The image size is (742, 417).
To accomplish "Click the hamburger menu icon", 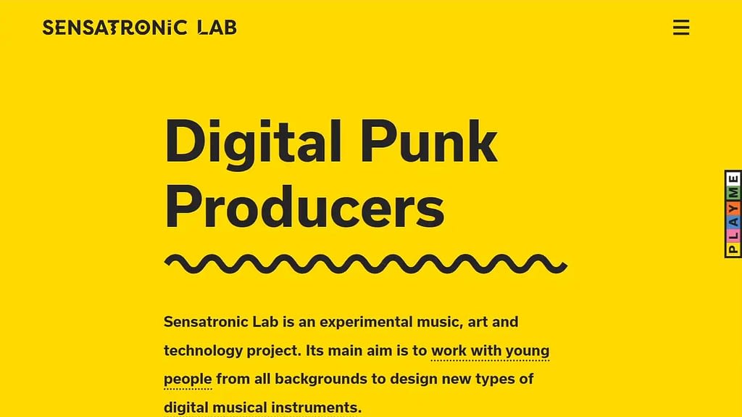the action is (x=681, y=28).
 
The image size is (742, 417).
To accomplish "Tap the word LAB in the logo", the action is (x=217, y=28).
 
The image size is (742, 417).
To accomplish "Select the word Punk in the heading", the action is (x=429, y=141).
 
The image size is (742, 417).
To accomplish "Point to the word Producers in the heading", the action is (x=304, y=207).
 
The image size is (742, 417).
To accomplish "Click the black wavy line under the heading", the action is (x=366, y=264).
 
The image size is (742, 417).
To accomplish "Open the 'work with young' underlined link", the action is (x=491, y=351).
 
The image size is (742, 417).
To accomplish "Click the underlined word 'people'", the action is (x=188, y=379).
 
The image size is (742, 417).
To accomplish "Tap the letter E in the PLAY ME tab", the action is (x=733, y=179).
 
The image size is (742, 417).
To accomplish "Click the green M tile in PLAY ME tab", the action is (x=733, y=193).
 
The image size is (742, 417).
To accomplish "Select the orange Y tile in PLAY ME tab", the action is (x=733, y=207).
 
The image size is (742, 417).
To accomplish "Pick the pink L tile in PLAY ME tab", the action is (x=733, y=234).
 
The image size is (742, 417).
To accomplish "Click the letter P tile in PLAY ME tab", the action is (x=733, y=249).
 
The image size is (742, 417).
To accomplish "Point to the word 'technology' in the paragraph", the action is (x=203, y=351).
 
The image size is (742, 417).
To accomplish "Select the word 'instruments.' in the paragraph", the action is (x=316, y=408).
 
